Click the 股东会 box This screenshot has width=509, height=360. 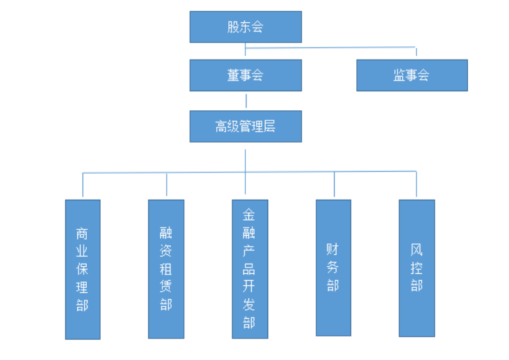coord(245,27)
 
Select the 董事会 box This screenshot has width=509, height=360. coord(245,75)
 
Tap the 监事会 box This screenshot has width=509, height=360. coord(411,75)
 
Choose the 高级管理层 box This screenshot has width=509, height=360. coord(245,127)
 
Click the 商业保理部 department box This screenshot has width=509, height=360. coord(82,269)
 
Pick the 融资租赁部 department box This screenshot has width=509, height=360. coord(166,269)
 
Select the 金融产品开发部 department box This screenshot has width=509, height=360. coord(250,269)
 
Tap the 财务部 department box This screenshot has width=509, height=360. coord(333,267)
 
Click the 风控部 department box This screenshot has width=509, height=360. coord(416,267)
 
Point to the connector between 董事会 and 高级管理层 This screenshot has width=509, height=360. coord(245,101)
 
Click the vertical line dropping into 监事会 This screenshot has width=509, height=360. coord(416,53)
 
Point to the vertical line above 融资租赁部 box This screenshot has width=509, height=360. coord(167,185)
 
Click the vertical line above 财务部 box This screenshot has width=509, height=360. coord(334,184)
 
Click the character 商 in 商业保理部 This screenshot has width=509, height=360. coord(82,233)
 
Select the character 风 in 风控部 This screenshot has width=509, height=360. coord(416,250)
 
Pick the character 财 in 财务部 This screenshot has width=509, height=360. coord(333,249)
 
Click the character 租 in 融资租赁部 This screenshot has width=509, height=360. coord(166,269)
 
